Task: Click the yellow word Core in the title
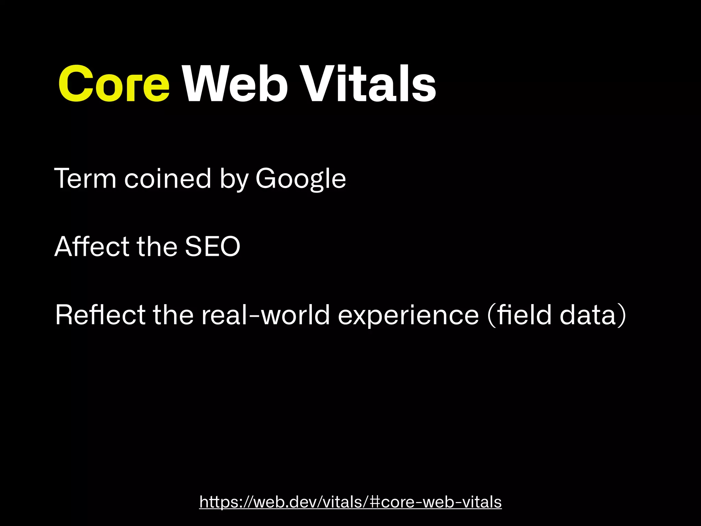tap(114, 84)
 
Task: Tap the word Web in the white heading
tap(235, 84)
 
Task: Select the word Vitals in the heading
tap(370, 84)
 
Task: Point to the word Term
tap(85, 178)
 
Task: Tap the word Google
tap(301, 179)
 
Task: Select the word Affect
tap(91, 246)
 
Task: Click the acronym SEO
tap(213, 247)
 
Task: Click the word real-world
tap(265, 315)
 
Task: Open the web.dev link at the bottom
tap(350, 502)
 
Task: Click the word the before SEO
tap(157, 246)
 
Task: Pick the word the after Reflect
tap(173, 315)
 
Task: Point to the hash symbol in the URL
tap(375, 502)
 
